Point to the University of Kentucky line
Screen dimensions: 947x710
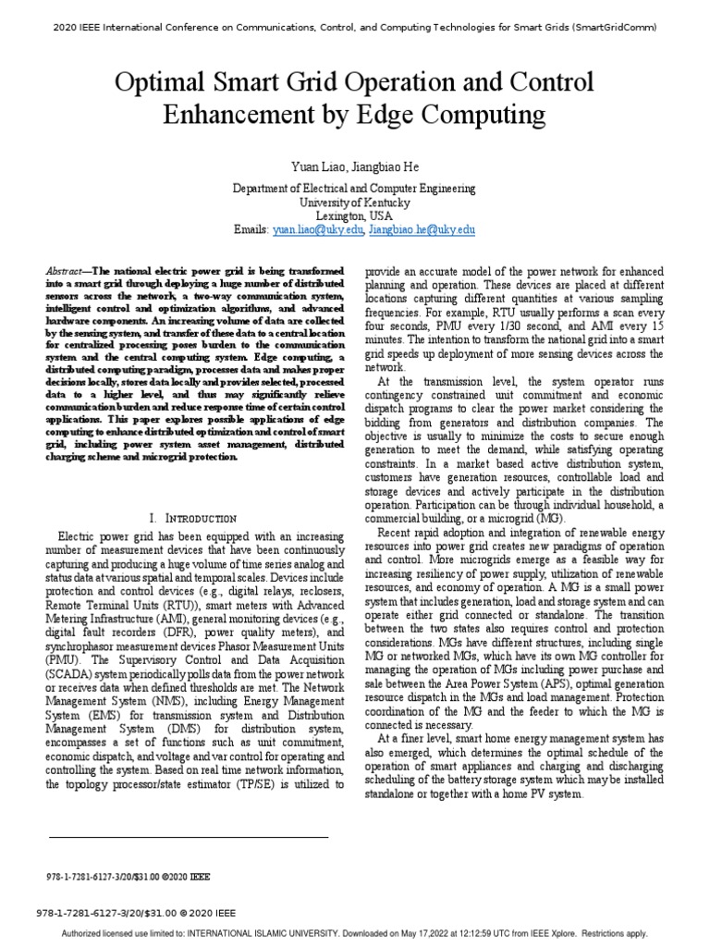coord(354,202)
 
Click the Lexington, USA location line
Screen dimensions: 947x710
coord(354,215)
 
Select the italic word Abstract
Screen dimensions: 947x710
coord(64,271)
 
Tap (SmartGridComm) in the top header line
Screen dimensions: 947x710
coord(614,28)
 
